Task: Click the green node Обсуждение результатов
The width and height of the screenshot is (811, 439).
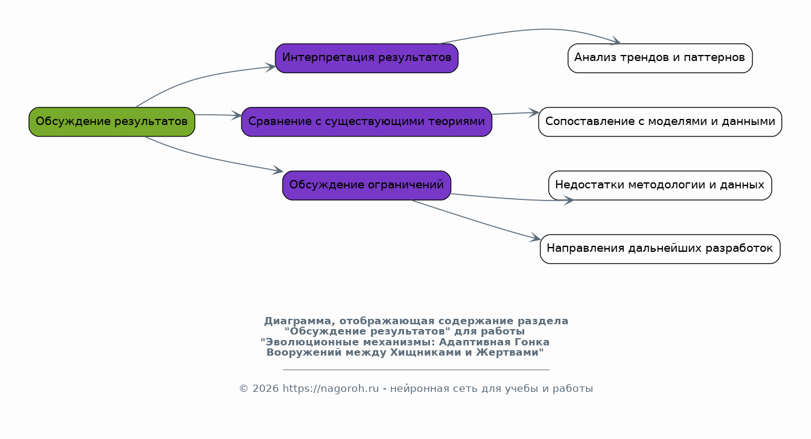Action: click(x=112, y=121)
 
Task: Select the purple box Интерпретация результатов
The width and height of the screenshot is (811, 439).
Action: click(x=367, y=58)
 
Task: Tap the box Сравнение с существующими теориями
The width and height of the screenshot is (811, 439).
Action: click(x=367, y=121)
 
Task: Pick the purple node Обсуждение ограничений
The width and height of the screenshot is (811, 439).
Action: click(x=367, y=185)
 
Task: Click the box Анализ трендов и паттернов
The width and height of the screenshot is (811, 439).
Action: click(x=659, y=58)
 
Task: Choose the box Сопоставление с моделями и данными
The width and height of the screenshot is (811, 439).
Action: click(x=659, y=121)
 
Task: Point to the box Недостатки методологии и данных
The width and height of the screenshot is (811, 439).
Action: click(x=659, y=185)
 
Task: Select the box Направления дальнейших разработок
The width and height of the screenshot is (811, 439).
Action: click(x=659, y=249)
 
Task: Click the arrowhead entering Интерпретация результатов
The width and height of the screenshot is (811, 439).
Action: click(x=271, y=67)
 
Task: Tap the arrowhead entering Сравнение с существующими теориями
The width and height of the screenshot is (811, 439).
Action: click(x=237, y=115)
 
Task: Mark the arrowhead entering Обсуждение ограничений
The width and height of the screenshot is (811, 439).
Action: click(x=278, y=170)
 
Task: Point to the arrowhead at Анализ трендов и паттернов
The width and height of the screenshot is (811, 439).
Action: click(x=616, y=41)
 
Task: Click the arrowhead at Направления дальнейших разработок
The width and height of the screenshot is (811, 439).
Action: click(x=536, y=238)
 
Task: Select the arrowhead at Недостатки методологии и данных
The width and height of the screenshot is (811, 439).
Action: click(x=569, y=200)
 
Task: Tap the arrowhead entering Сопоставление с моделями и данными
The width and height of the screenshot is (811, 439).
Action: click(x=534, y=112)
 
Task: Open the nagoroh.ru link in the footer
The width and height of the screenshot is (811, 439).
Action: click(x=330, y=389)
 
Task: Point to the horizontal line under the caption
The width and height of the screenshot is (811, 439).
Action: click(x=416, y=370)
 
